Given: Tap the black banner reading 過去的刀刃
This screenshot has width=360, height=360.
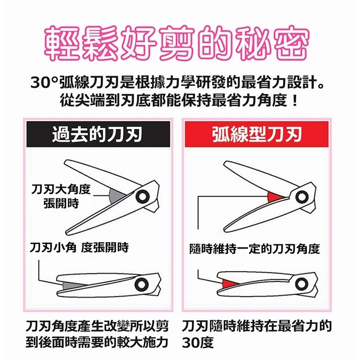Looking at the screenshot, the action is (98, 134).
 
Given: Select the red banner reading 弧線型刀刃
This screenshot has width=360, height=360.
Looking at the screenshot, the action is (256, 134).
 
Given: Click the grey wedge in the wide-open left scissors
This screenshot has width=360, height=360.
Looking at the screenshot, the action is (116, 196).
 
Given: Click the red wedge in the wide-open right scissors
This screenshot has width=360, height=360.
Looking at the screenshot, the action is (275, 197).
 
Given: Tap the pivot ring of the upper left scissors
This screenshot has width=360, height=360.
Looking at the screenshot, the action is (143, 196).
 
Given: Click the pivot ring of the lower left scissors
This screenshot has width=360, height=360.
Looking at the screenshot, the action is (141, 285).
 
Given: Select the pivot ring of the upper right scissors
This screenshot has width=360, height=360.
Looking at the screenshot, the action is (302, 197).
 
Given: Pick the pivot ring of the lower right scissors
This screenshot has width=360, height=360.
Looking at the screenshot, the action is (301, 284).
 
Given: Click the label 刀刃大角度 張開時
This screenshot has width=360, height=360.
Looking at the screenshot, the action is (61, 196).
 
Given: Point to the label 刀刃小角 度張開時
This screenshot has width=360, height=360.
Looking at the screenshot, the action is (79, 247).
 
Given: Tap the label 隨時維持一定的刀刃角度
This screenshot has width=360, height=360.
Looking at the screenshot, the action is (254, 249).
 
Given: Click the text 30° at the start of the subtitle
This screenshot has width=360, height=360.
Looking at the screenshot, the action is (44, 83).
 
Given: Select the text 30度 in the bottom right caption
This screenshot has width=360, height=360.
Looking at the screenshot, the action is (198, 343).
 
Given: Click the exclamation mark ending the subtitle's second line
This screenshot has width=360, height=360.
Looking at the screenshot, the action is (295, 100).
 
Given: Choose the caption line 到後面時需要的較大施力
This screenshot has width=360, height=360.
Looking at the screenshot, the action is (97, 343).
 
